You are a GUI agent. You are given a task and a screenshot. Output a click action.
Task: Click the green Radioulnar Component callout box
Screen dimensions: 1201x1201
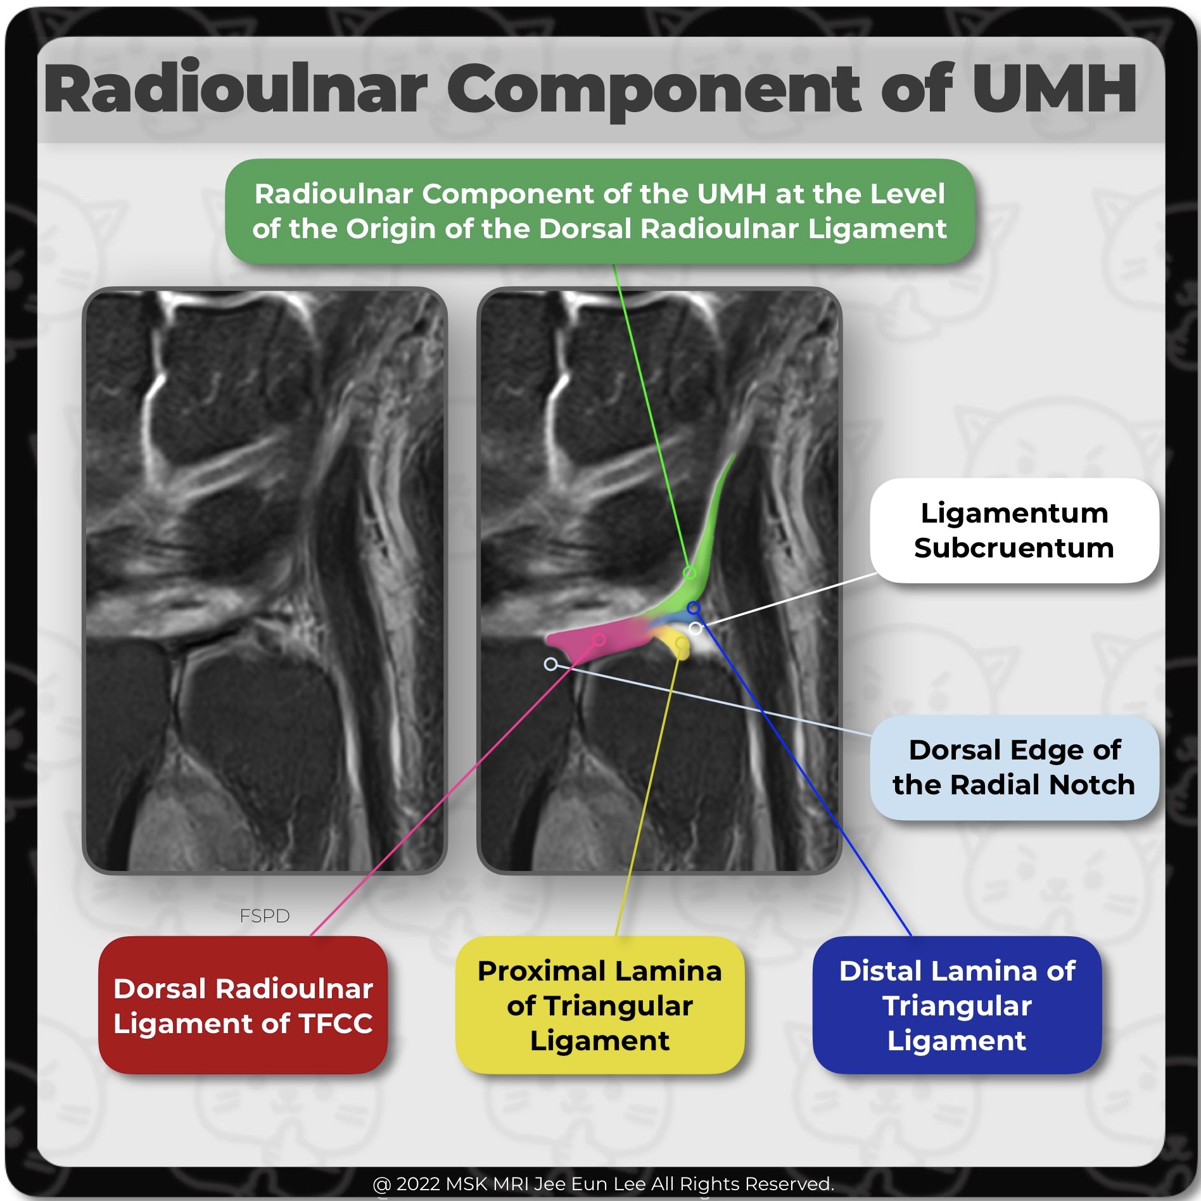click(x=599, y=211)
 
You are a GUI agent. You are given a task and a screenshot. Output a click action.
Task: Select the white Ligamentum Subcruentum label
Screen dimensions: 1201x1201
click(x=1014, y=530)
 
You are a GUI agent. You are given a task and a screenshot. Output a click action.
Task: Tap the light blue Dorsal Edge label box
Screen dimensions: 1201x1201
click(x=1014, y=767)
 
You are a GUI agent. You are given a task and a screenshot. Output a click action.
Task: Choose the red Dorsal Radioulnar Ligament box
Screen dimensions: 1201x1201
click(x=243, y=1005)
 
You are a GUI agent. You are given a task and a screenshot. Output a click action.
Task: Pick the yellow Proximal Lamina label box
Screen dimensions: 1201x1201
click(x=599, y=1005)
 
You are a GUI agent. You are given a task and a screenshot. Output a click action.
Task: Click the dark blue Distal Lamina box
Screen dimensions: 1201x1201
click(x=956, y=1005)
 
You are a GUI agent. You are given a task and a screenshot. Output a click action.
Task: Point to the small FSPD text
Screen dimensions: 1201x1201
click(x=264, y=916)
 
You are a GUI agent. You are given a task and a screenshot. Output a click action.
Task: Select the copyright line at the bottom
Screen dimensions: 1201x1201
click(x=603, y=1183)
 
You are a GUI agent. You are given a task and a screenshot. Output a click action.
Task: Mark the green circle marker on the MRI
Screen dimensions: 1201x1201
click(x=689, y=573)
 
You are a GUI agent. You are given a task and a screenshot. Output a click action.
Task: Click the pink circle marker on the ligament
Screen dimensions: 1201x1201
click(x=599, y=640)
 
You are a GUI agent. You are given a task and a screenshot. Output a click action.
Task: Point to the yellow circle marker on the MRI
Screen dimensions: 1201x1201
click(x=681, y=644)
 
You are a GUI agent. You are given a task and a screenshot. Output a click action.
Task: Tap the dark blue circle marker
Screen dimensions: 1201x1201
click(x=694, y=608)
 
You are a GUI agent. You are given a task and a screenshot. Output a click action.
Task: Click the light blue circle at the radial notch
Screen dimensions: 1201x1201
click(x=550, y=664)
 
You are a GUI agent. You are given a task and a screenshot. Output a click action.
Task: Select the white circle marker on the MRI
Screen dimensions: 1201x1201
click(x=695, y=628)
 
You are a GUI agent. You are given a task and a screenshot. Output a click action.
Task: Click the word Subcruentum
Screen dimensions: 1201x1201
click(x=1014, y=548)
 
